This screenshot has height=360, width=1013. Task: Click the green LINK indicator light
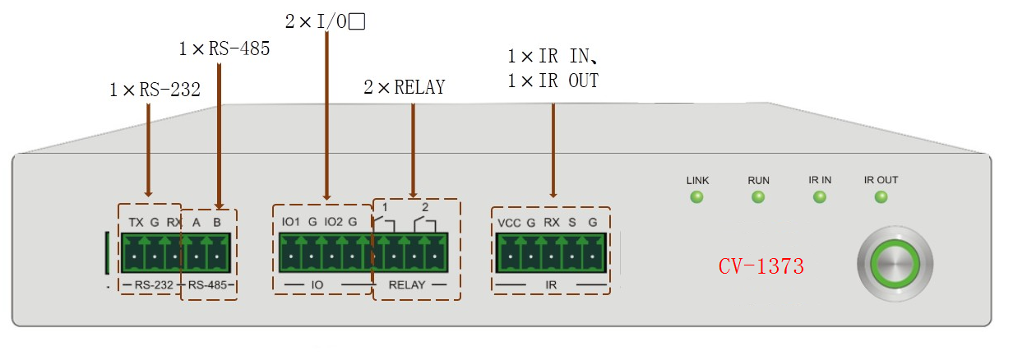pyautogui.click(x=696, y=196)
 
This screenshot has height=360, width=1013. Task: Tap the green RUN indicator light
pyautogui.click(x=758, y=196)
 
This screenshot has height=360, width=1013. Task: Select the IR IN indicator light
pyautogui.click(x=820, y=196)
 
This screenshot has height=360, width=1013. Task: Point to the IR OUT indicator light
pyautogui.click(x=881, y=196)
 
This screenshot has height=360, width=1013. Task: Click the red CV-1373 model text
pyautogui.click(x=761, y=266)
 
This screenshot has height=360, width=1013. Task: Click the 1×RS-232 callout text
pyautogui.click(x=155, y=90)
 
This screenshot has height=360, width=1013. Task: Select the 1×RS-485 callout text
pyautogui.click(x=224, y=49)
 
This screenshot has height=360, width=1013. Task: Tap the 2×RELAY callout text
pyautogui.click(x=404, y=87)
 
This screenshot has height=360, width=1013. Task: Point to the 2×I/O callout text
pyautogui.click(x=324, y=22)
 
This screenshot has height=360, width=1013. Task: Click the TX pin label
pyautogui.click(x=136, y=222)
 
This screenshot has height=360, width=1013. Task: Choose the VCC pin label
pyautogui.click(x=509, y=223)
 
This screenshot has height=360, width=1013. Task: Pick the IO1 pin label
pyautogui.click(x=290, y=222)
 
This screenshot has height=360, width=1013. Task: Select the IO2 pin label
pyautogui.click(x=333, y=222)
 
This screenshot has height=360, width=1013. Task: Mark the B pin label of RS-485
pyautogui.click(x=216, y=222)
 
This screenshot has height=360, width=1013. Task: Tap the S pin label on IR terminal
pyautogui.click(x=571, y=223)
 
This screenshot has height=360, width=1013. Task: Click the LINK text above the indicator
pyautogui.click(x=697, y=179)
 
